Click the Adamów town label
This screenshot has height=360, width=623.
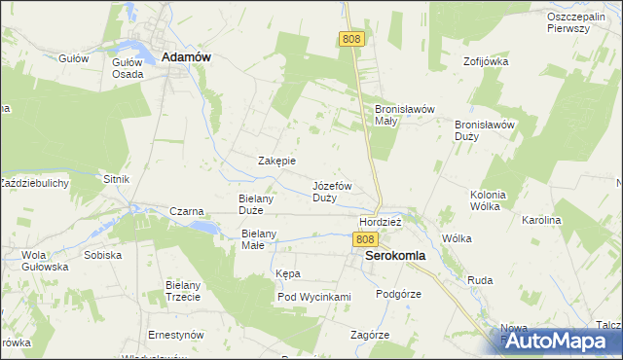[x=187, y=57]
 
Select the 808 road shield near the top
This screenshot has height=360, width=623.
[x=352, y=38]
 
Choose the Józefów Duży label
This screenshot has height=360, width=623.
[x=331, y=191]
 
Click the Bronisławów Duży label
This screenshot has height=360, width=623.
[x=484, y=130]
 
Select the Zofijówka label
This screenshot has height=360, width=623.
[x=487, y=61]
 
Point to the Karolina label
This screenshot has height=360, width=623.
[x=541, y=221]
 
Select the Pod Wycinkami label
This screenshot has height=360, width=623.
[x=313, y=296]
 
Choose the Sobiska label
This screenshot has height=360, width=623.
[x=102, y=255]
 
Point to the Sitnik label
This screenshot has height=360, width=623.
[x=116, y=180]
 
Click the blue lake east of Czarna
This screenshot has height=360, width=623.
[x=204, y=226]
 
